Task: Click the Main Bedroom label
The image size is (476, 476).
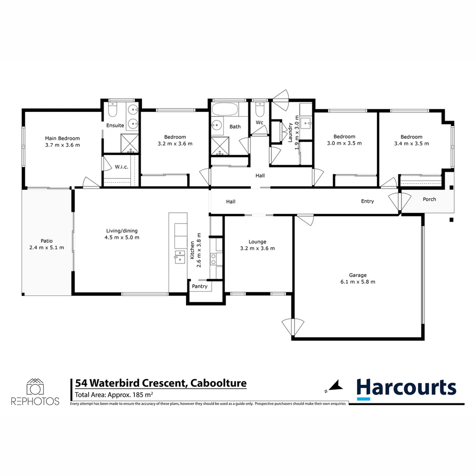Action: (62, 138)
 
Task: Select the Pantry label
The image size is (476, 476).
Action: (199, 286)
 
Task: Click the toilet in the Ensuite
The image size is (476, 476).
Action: (113, 108)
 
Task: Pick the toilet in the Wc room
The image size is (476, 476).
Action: (260, 108)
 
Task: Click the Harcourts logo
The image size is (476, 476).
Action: (406, 388)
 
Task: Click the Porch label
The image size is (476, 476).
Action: (429, 199)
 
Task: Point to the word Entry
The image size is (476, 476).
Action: (367, 201)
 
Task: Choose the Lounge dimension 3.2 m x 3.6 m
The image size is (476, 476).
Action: (257, 249)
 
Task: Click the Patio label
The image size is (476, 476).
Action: (47, 241)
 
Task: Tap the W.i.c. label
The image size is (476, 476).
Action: (121, 167)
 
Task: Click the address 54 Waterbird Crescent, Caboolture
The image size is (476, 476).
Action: (160, 383)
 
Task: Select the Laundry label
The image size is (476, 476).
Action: (290, 132)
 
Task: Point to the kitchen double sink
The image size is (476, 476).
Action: (179, 257)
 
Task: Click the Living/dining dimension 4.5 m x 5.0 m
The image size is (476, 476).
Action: (119, 238)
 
